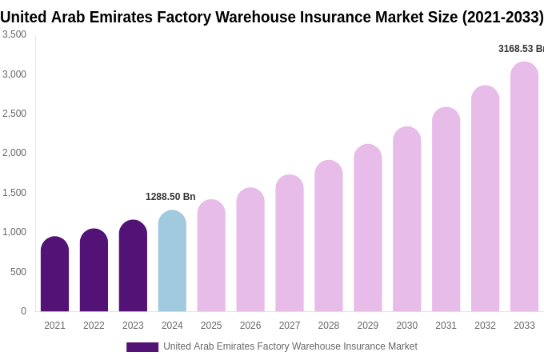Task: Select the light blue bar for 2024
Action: (x=172, y=262)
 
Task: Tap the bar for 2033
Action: (x=524, y=187)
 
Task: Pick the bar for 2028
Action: (x=329, y=236)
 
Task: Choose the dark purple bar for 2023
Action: (x=133, y=266)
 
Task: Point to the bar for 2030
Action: (x=406, y=219)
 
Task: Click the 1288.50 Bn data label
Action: (x=170, y=197)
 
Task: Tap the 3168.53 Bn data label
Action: (x=521, y=49)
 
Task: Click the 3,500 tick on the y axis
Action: (x=14, y=34)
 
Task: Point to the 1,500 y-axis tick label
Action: (x=14, y=193)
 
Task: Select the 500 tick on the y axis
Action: (x=18, y=272)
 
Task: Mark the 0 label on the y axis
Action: (x=23, y=311)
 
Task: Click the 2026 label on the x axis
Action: (x=250, y=326)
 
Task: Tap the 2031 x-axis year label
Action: (x=446, y=326)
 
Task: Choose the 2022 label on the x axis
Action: (x=94, y=326)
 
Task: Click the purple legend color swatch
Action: (x=142, y=347)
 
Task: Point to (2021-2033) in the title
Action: (x=502, y=17)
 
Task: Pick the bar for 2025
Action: (x=211, y=256)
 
